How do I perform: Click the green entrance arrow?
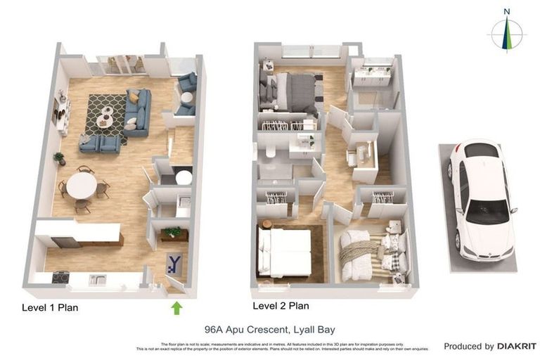tap(176, 307)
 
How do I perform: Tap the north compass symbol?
tap(506, 32)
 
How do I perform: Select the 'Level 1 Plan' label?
tap(50, 307)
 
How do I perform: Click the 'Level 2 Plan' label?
tap(281, 306)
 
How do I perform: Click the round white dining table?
tap(82, 186)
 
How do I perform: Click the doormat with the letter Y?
tap(174, 264)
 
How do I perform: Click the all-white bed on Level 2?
tap(284, 252)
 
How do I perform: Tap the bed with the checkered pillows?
tap(373, 252)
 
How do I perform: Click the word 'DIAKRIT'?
tap(516, 346)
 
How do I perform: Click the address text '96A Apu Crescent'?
tap(241, 329)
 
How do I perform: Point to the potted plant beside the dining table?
tap(59, 158)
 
